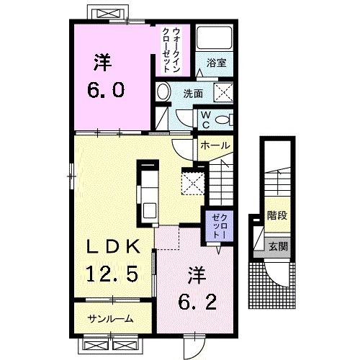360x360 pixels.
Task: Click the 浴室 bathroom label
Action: pyautogui.click(x=217, y=63)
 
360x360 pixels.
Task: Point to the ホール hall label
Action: pyautogui.click(x=215, y=145)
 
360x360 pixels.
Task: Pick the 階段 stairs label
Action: pyautogui.click(x=274, y=215)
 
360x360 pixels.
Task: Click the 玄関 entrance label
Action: pyautogui.click(x=274, y=246)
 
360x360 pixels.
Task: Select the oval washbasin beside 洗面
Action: pyautogui.click(x=163, y=92)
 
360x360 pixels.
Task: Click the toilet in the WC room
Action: pyautogui.click(x=222, y=120)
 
